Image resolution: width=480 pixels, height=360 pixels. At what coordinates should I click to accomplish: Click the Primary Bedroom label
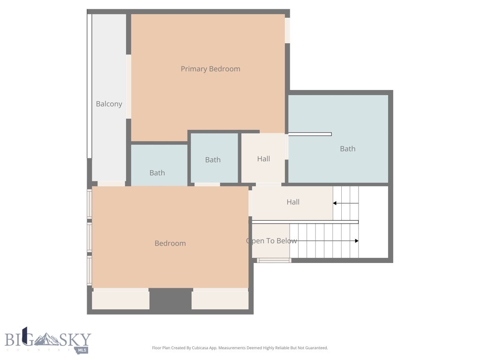pos(210,69)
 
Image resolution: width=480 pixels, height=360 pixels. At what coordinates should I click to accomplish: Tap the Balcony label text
pos(109,104)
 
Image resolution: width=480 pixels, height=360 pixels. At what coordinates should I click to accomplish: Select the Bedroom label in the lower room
pos(170,243)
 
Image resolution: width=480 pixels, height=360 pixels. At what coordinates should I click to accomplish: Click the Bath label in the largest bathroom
pos(347,149)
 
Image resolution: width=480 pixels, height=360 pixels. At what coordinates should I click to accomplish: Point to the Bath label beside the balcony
pos(157,172)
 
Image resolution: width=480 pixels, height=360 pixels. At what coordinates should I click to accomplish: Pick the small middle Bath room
pos(214,158)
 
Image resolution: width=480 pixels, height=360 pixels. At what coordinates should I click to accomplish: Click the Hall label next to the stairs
pos(293,202)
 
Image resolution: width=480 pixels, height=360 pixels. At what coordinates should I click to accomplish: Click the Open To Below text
pos(271,241)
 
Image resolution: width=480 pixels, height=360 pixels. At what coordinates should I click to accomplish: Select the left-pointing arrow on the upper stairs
pos(336,203)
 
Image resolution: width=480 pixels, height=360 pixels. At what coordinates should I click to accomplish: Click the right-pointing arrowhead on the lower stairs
pos(356,241)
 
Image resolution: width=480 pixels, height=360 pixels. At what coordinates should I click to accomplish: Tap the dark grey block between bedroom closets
pos(170,300)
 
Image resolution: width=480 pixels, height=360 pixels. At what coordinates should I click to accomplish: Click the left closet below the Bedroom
pos(120,300)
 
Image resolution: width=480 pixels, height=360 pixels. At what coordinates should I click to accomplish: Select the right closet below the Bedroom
pos(220,300)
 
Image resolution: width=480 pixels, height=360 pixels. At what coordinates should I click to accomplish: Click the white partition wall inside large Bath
pos(310,134)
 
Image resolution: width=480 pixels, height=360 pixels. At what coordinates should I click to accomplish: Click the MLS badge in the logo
pos(82,350)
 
